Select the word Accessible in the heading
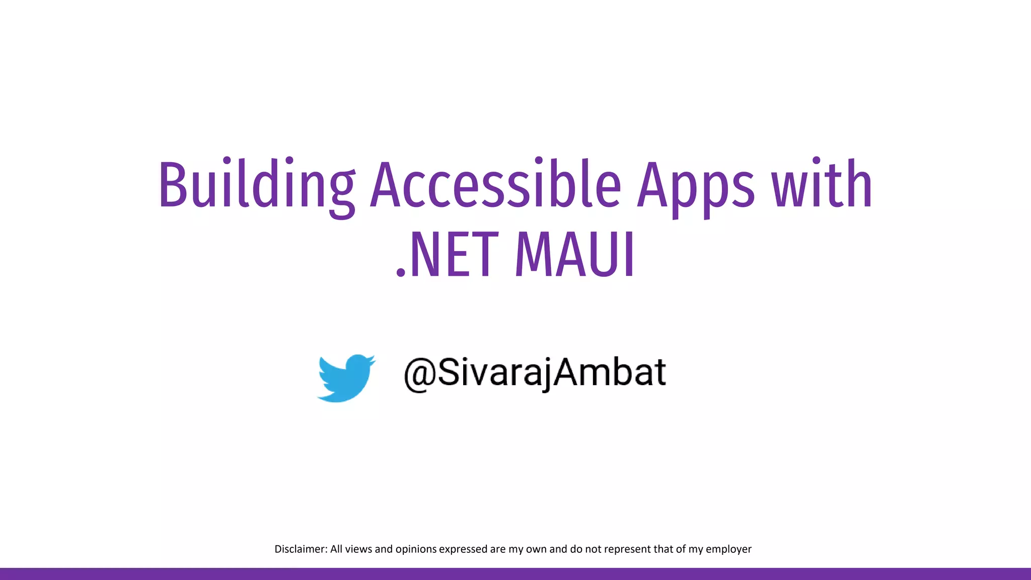(496, 184)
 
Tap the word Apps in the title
(696, 185)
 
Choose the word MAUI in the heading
(574, 255)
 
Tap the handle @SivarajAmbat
(535, 373)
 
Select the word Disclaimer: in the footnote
(301, 549)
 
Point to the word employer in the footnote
(728, 549)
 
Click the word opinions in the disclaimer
(416, 549)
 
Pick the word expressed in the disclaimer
(463, 549)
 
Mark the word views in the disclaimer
(358, 549)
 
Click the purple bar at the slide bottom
(515, 574)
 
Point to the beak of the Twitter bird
(373, 359)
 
